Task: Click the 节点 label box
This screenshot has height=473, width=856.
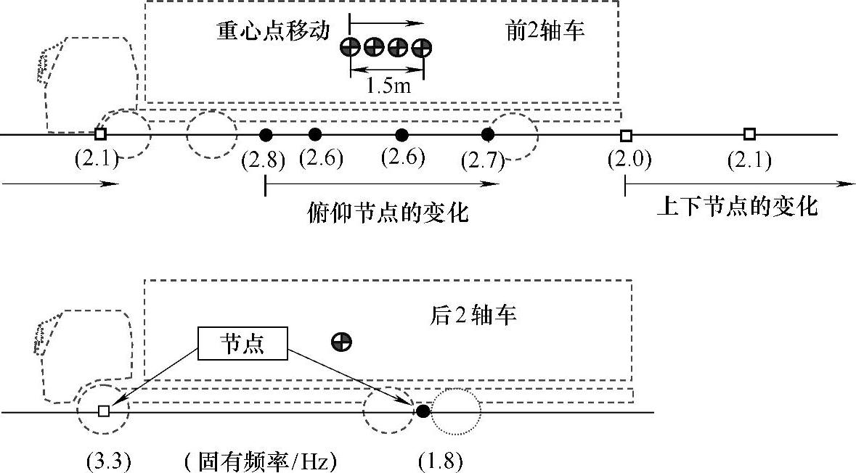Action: pos(242,344)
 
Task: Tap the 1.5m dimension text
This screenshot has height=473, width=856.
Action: pos(386,87)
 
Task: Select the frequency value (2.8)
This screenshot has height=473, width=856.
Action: pos(263,160)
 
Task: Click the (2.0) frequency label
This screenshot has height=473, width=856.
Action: pos(629,160)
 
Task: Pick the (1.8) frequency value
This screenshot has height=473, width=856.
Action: pos(441,461)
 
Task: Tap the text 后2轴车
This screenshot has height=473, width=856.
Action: pos(472,317)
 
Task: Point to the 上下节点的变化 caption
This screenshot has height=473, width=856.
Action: pos(737,207)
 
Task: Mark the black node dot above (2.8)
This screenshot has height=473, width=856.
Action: pos(266,134)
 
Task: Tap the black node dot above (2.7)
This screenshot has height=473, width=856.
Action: pos(488,134)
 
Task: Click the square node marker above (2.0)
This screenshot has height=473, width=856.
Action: pos(626,135)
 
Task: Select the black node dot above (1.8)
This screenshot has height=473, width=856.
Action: pos(423,411)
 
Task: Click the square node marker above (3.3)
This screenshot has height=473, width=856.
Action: pos(104,411)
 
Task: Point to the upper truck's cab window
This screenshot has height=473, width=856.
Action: pos(51,61)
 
